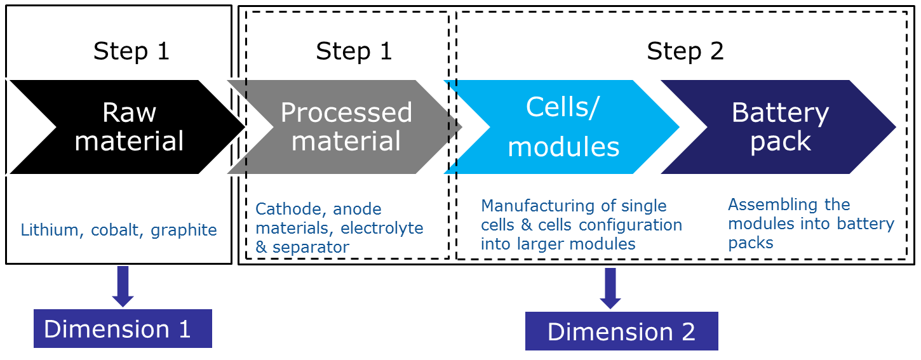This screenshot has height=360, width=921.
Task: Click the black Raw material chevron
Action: tap(127, 127)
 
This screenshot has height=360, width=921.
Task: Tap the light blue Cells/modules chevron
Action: tap(562, 127)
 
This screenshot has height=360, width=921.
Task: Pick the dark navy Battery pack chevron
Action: tap(779, 127)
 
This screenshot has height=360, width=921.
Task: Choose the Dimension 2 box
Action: tap(621, 331)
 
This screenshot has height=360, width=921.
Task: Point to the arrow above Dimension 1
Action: tap(123, 286)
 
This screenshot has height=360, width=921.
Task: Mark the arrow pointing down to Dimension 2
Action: tap(610, 288)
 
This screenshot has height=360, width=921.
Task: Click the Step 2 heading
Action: tap(685, 51)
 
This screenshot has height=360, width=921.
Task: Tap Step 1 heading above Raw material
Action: tap(131, 51)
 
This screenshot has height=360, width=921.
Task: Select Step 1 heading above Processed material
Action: tap(354, 51)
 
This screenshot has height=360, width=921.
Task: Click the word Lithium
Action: tap(50, 230)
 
